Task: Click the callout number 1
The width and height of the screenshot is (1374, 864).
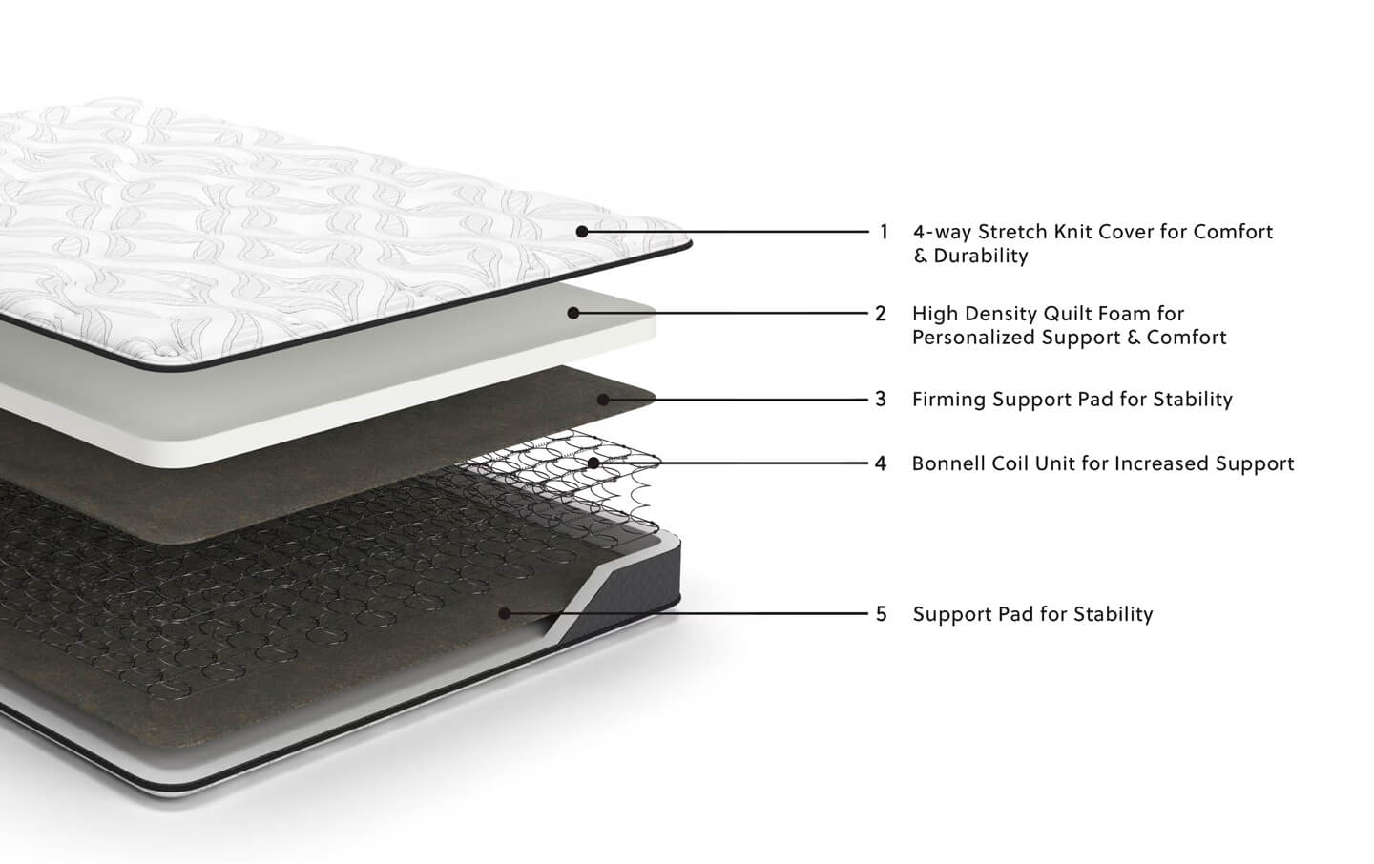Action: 884,232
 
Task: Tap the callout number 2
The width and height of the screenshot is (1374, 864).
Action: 881,314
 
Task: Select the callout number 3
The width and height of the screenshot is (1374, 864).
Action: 881,400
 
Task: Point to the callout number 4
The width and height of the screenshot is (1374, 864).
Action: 881,463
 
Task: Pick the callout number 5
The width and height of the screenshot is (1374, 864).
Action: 882,614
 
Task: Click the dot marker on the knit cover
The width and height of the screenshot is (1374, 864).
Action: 582,232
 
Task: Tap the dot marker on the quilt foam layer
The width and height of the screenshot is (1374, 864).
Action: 572,314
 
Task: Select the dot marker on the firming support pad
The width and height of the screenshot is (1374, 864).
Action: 603,400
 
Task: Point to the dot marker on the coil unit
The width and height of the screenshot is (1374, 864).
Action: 593,463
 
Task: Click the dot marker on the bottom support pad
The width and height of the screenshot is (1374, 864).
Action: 504,613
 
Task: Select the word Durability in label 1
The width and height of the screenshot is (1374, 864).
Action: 981,256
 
